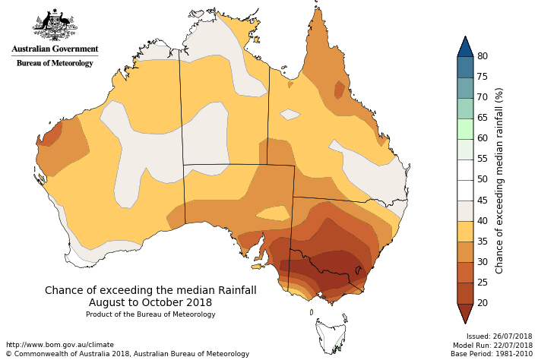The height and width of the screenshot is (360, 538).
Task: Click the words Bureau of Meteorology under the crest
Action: point(55,63)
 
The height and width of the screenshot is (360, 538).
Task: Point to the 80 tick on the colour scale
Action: point(482,56)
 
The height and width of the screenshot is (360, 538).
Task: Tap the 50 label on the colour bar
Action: point(482,179)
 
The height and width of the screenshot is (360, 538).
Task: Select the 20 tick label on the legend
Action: point(482,302)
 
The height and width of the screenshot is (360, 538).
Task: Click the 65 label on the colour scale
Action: point(482,118)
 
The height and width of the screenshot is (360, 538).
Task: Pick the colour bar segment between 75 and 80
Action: point(466,67)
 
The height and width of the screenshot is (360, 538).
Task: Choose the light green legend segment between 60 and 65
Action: point(466,128)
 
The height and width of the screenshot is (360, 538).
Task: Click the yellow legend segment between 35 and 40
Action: point(466,231)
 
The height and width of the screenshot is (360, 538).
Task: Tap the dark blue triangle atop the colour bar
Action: point(466,46)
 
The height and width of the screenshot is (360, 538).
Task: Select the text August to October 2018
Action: point(150,302)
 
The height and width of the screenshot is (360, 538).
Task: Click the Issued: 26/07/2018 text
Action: point(499,336)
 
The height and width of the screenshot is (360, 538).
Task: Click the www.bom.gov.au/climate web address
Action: point(59,345)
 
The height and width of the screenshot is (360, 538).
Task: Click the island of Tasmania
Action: point(331,334)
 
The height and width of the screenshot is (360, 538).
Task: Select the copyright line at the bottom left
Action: point(128,354)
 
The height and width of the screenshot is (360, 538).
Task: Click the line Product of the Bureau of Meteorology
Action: point(150,314)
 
